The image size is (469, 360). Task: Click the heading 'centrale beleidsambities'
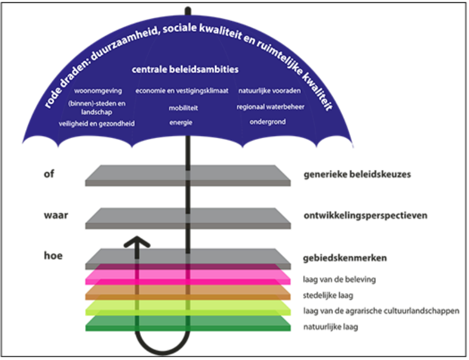click(185, 70)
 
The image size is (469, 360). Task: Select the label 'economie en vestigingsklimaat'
click(182, 90)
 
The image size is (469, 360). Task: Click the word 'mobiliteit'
click(183, 108)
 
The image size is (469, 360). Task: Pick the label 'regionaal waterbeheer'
click(270, 106)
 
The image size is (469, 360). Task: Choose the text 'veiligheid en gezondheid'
click(96, 123)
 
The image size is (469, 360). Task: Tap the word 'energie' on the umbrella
click(181, 123)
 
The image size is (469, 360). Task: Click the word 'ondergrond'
click(267, 121)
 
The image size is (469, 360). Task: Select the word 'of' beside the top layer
click(48, 173)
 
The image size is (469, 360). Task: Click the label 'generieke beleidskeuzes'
click(357, 174)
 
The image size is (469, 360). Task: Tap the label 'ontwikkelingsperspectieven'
click(365, 216)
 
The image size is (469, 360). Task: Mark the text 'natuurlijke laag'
click(330, 327)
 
